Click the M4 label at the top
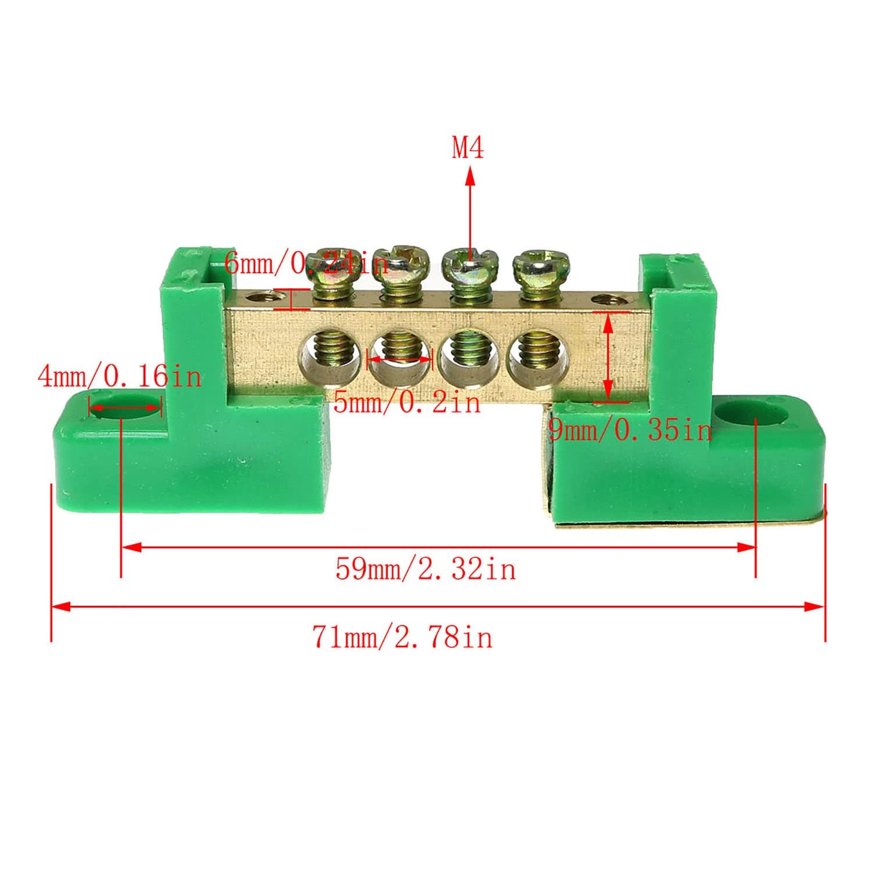coord(468,148)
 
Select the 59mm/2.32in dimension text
coord(426,569)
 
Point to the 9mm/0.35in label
coord(630,430)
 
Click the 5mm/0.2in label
coord(408,402)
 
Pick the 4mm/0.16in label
coord(119,376)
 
